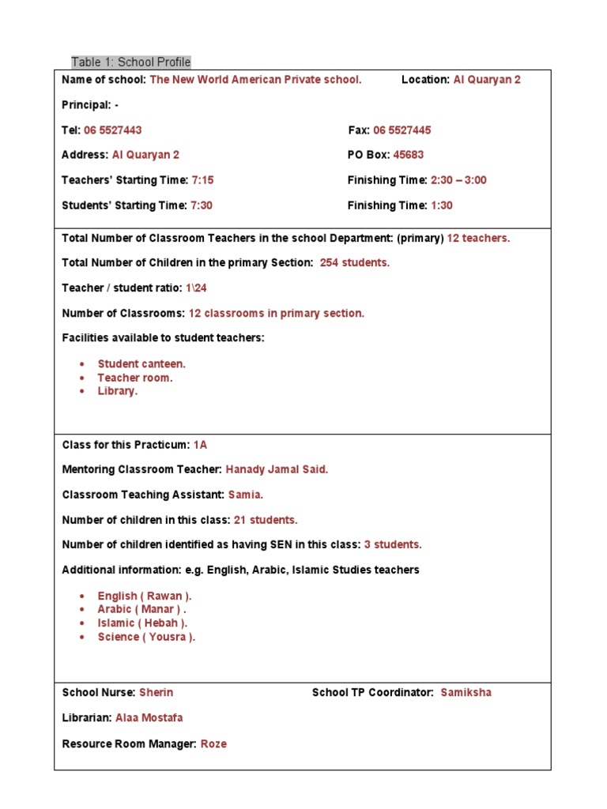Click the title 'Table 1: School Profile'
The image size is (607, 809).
pyautogui.click(x=131, y=62)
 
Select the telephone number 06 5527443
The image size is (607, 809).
pyautogui.click(x=113, y=130)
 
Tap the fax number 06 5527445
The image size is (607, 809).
pyautogui.click(x=402, y=130)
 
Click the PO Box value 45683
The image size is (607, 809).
pyautogui.click(x=409, y=155)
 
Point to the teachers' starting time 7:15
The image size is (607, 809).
pyautogui.click(x=202, y=180)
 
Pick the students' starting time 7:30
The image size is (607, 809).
pyautogui.click(x=202, y=205)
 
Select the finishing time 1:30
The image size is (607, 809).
pyautogui.click(x=442, y=205)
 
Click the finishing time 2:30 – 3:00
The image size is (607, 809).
pyautogui.click(x=458, y=180)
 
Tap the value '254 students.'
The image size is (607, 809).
pyautogui.click(x=355, y=262)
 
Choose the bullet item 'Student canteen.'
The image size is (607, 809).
pyautogui.click(x=142, y=364)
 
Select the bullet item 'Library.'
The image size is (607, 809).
pyautogui.click(x=118, y=391)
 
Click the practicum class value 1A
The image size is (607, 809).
pyautogui.click(x=200, y=444)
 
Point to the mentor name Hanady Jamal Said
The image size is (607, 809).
pyautogui.click(x=277, y=469)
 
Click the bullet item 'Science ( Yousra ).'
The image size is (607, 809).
pyautogui.click(x=146, y=637)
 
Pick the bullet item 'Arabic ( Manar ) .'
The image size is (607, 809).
pyautogui.click(x=142, y=609)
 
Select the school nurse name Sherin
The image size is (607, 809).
pyautogui.click(x=156, y=692)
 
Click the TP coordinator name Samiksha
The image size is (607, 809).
pyautogui.click(x=466, y=692)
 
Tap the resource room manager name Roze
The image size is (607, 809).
pyautogui.click(x=213, y=743)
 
